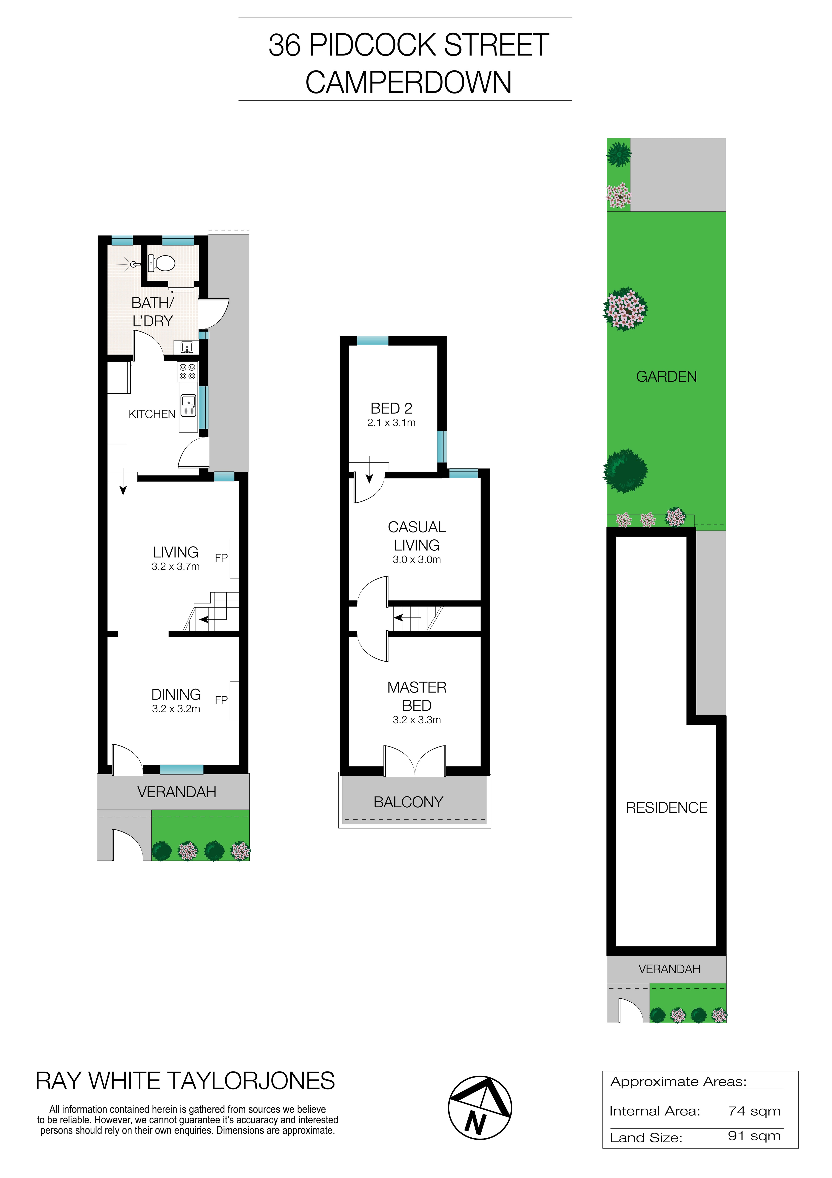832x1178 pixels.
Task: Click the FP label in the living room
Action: pyautogui.click(x=221, y=558)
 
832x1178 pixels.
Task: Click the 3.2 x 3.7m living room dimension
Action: pyautogui.click(x=175, y=566)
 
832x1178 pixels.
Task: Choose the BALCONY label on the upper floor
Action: pyautogui.click(x=408, y=802)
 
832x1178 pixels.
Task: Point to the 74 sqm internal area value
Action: pyautogui.click(x=754, y=1111)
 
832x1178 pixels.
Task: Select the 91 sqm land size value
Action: pyautogui.click(x=754, y=1136)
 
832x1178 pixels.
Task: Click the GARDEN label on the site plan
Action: pyautogui.click(x=666, y=377)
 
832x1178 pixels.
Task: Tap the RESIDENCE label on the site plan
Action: pyautogui.click(x=666, y=808)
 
